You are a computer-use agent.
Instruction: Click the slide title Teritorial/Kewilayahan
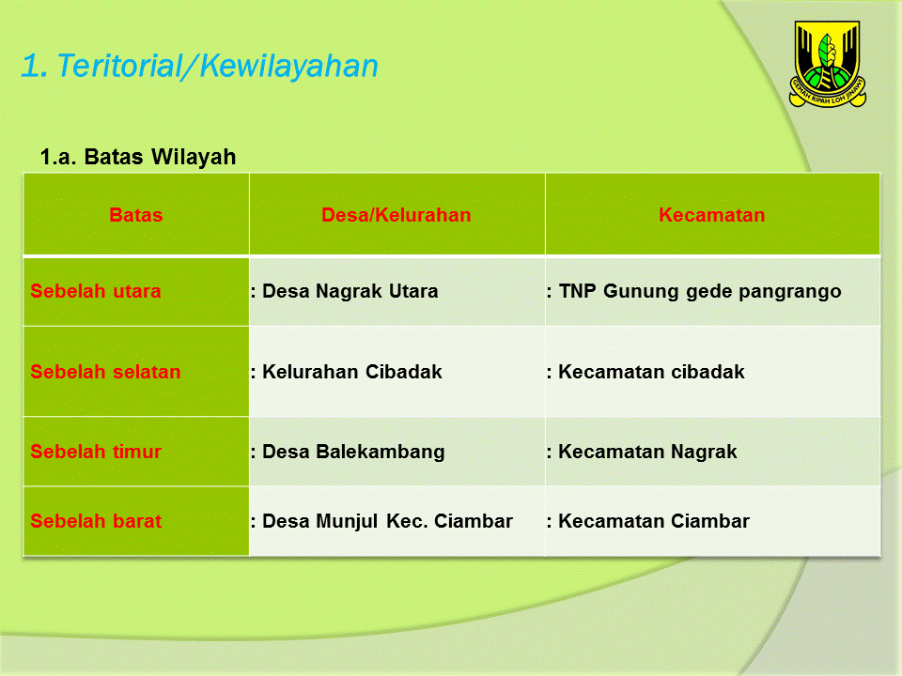(x=216, y=66)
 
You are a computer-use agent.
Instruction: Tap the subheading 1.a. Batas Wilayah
(x=138, y=157)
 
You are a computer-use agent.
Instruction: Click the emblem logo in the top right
(x=827, y=63)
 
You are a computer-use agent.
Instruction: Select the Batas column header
(x=136, y=215)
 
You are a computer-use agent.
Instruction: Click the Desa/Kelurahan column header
(x=397, y=215)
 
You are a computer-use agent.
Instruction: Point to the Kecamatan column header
(x=712, y=215)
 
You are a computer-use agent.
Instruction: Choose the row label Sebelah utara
(x=96, y=291)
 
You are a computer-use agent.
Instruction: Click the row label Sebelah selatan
(x=105, y=372)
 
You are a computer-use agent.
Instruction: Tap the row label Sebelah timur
(x=96, y=452)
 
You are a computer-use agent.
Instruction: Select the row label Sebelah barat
(x=96, y=521)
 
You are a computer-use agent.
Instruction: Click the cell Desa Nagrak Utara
(x=350, y=291)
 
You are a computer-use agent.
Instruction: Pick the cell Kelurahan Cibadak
(x=351, y=372)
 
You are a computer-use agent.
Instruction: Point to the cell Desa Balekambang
(x=353, y=452)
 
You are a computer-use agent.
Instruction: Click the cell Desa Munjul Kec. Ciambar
(x=387, y=521)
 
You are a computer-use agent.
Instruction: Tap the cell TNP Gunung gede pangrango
(x=699, y=291)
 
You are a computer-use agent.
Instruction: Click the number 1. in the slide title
(x=35, y=66)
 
